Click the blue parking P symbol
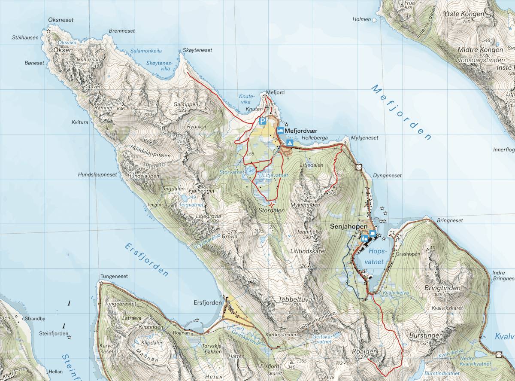(x=262, y=122)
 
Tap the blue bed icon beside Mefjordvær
(x=280, y=130)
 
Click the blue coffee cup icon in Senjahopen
(x=372, y=234)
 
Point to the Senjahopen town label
(x=348, y=226)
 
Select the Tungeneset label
(x=114, y=276)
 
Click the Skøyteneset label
(x=197, y=50)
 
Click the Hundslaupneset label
(x=97, y=175)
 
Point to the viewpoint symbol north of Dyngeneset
(x=359, y=167)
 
